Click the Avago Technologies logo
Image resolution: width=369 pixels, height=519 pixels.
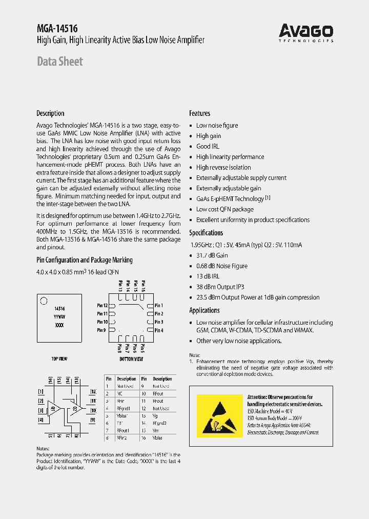click(306, 33)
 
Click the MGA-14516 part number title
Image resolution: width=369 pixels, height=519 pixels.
click(57, 29)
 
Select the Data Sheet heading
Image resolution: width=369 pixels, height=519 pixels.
click(60, 62)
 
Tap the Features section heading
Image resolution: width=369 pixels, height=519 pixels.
click(199, 113)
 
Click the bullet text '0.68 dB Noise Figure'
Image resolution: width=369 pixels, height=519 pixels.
click(221, 266)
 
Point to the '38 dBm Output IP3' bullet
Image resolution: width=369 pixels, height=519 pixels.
click(221, 287)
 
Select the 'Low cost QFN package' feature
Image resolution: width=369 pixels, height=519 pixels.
click(224, 209)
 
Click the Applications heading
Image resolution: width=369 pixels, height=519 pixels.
click(204, 310)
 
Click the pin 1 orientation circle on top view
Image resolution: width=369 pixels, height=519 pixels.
click(44, 301)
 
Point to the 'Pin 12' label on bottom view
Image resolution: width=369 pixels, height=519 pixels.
click(102, 306)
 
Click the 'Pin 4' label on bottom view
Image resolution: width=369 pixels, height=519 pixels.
click(159, 330)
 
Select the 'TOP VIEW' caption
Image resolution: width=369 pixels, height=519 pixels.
click(59, 359)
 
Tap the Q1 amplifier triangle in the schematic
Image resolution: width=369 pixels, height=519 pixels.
click(54, 408)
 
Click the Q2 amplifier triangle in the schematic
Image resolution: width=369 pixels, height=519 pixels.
click(75, 408)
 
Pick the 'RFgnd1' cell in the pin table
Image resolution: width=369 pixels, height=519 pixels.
click(124, 409)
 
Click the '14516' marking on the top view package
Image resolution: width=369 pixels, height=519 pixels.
click(59, 309)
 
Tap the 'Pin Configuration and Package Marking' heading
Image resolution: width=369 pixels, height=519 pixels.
click(84, 260)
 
